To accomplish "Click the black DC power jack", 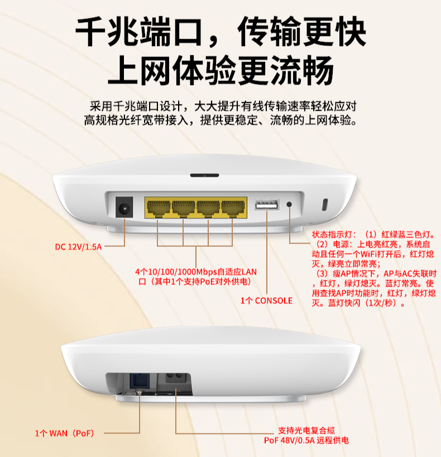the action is click(x=124, y=207).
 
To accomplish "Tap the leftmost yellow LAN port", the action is click(x=158, y=208).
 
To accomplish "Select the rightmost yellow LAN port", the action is click(x=233, y=208).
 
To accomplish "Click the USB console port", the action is click(x=266, y=204).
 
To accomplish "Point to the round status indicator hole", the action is click(x=289, y=204).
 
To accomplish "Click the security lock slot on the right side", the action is click(x=325, y=204).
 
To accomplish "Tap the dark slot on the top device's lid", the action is click(x=204, y=175).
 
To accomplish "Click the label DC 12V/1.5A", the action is click(x=78, y=247).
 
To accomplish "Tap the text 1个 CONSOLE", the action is click(x=266, y=301).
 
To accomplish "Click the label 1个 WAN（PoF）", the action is click(x=65, y=434).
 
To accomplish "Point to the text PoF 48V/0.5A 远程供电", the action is click(x=306, y=440).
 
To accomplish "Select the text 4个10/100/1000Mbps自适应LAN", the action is click(x=196, y=272).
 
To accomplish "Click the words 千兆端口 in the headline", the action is click(x=138, y=32).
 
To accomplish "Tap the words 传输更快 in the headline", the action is click(x=302, y=32).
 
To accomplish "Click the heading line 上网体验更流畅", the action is click(x=220, y=70).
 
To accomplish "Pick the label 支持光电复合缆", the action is click(x=306, y=431).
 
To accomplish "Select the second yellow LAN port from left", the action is click(x=183, y=208).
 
